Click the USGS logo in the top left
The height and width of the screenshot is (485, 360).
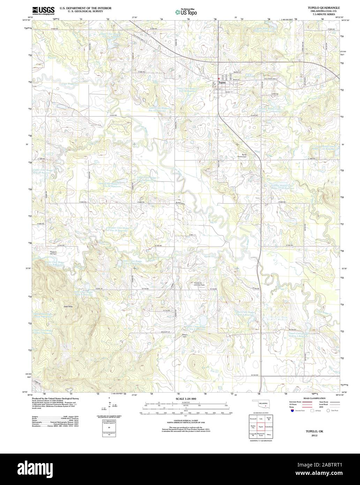click(43, 10)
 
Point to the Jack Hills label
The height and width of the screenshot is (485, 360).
click(68, 306)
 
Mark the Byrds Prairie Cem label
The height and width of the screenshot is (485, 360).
click(247, 156)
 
